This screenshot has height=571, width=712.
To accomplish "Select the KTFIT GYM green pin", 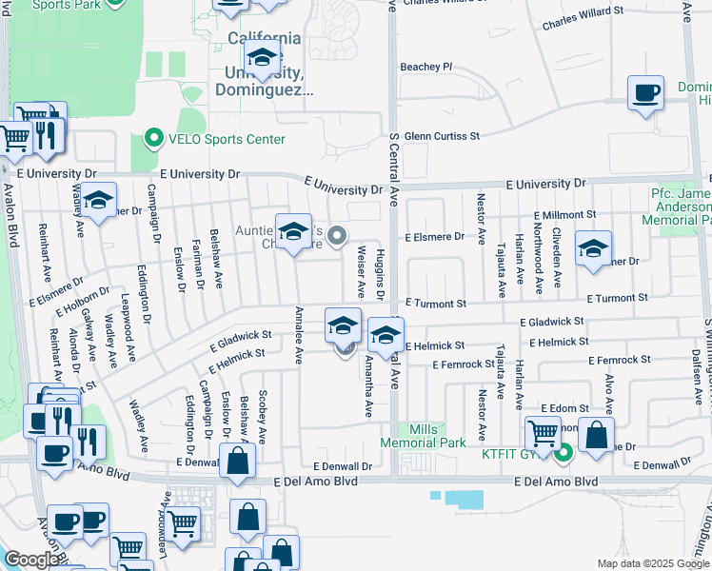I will pos(563,452).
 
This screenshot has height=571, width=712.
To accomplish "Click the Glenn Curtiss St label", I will pos(442,136).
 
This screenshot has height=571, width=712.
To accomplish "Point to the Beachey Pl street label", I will pos(425,67).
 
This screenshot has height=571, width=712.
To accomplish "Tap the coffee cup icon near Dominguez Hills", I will pos(646,93).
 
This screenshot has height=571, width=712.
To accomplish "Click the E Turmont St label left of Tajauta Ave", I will pos(435,304).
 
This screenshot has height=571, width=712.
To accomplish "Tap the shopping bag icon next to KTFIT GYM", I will pos(597,435).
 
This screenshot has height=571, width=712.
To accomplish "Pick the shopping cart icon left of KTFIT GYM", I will pos(543,433).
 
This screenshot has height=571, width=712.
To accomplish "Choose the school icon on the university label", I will pos(263,55).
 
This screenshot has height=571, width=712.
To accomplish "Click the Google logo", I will pos(31,561).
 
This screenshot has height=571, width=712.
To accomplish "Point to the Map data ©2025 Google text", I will pos(652,563).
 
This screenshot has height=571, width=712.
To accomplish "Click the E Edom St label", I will pos(564,407).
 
